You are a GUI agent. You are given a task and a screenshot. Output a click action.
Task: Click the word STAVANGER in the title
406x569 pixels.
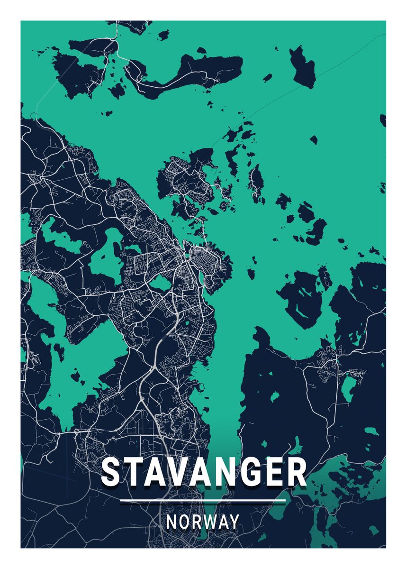click(204, 472)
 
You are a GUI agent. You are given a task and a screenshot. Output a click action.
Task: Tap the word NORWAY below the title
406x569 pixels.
click(203, 522)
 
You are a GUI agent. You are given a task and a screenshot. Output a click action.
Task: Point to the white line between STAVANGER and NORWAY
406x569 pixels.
click(203, 500)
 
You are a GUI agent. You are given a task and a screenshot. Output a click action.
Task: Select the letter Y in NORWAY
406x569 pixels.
click(234, 522)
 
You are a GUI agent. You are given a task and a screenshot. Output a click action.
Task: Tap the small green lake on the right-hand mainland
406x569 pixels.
click(348, 386)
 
